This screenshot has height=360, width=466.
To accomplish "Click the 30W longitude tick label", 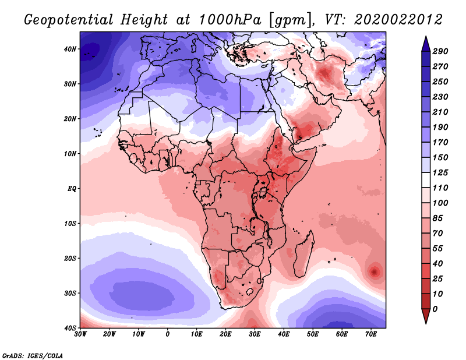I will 80,334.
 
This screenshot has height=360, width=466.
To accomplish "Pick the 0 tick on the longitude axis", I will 168,334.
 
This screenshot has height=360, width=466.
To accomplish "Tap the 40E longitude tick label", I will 284,334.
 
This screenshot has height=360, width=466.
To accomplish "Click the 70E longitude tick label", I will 371,334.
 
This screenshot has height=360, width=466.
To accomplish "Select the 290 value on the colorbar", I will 440,52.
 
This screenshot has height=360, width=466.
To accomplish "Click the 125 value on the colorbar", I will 440,173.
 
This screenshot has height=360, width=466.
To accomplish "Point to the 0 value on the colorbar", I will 435,308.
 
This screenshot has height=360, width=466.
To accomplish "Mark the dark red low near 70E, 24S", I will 373,271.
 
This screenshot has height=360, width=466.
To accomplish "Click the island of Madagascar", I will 302,255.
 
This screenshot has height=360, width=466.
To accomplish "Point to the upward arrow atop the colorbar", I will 425,41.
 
